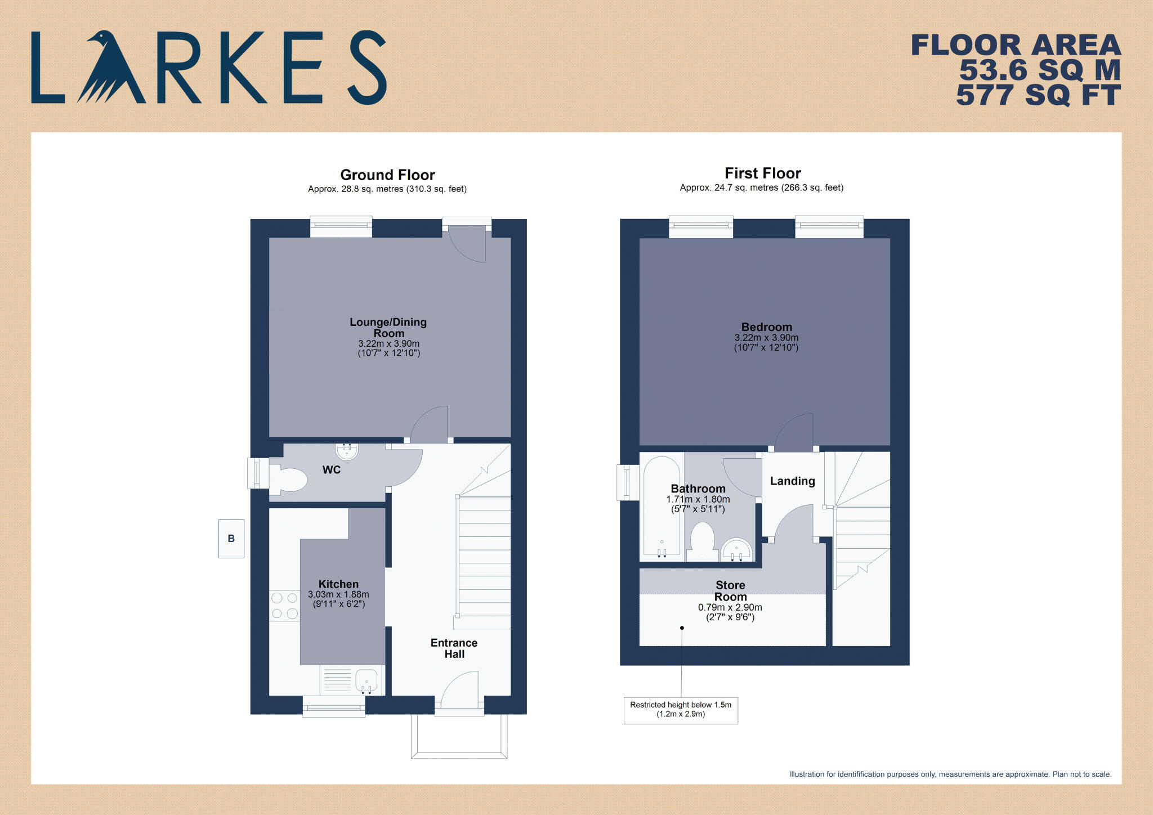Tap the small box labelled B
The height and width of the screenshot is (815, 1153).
pyautogui.click(x=231, y=539)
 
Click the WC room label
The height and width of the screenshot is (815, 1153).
pyautogui.click(x=331, y=470)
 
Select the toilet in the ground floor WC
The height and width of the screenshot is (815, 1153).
pyautogui.click(x=289, y=480)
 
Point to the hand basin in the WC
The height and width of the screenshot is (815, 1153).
pyautogui.click(x=347, y=451)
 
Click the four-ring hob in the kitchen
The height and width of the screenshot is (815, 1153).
pyautogui.click(x=284, y=605)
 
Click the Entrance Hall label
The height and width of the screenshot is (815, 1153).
pyautogui.click(x=454, y=648)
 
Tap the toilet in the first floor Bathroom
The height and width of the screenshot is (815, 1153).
pyautogui.click(x=702, y=541)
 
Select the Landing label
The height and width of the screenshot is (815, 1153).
pyautogui.click(x=792, y=481)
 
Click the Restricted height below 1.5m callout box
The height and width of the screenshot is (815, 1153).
pyautogui.click(x=680, y=710)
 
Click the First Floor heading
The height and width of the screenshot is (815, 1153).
pyautogui.click(x=762, y=173)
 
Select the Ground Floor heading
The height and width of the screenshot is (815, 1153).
pyautogui.click(x=387, y=175)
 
